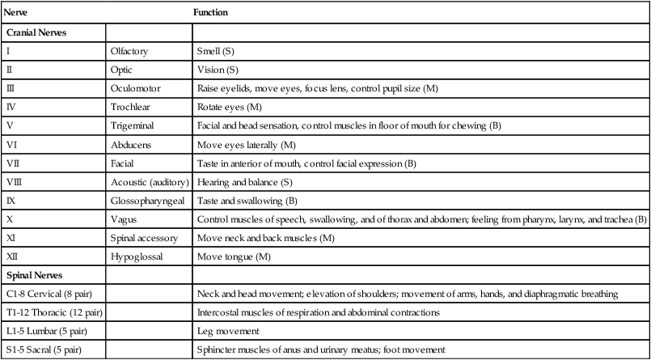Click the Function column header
(x=212, y=14)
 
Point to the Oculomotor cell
(x=135, y=88)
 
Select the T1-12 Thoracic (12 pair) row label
(x=49, y=311)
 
